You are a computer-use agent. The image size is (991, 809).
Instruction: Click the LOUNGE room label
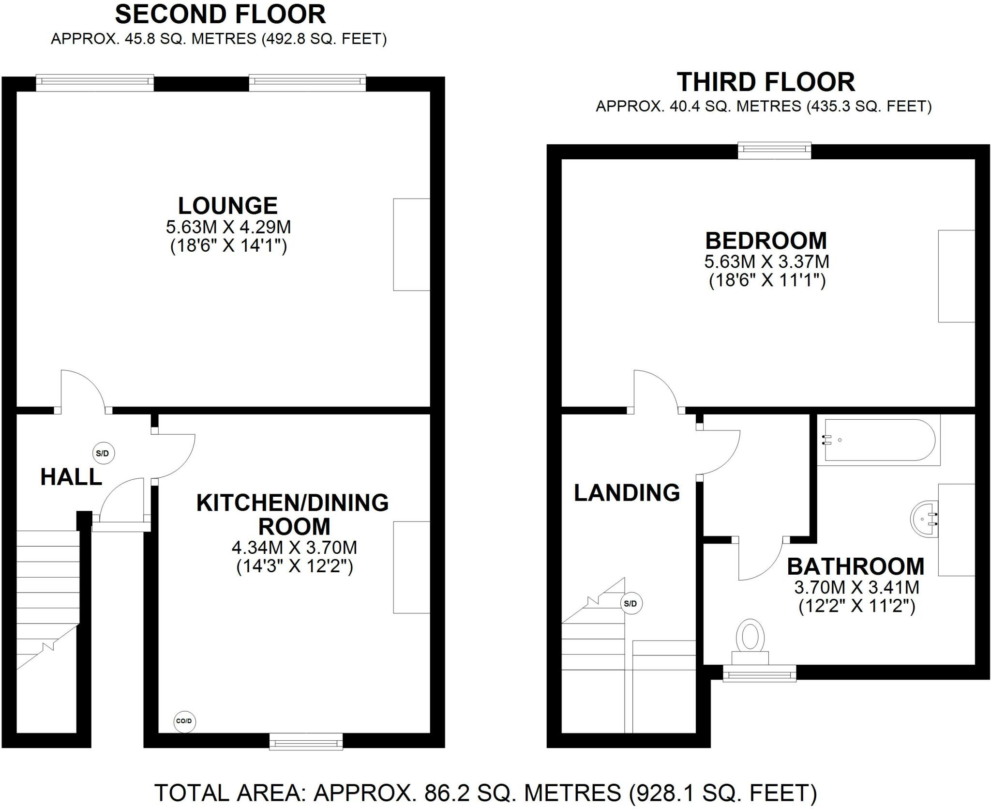(228, 206)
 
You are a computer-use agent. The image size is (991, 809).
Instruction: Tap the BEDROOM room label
(766, 241)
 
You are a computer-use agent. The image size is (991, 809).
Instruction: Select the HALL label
(71, 477)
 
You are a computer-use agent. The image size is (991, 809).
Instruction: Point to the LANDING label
(627, 493)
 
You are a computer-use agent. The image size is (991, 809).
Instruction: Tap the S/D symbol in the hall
(104, 454)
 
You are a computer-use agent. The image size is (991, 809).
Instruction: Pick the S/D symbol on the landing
(632, 604)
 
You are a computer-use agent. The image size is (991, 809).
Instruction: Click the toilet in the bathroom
(750, 642)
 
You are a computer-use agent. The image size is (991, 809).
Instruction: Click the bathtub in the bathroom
(879, 440)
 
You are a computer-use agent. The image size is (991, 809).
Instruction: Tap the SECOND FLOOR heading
(220, 14)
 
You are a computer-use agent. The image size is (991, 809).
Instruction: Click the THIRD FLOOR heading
(766, 82)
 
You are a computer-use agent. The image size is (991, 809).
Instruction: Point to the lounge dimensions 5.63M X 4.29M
(228, 227)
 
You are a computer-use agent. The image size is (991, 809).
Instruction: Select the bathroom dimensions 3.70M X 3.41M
(856, 587)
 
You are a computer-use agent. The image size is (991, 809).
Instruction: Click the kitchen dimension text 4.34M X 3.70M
(295, 548)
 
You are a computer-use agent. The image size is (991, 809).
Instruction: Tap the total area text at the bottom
(486, 793)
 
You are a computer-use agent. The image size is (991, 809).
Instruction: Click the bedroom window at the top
(774, 150)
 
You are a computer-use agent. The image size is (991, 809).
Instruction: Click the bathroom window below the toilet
(759, 673)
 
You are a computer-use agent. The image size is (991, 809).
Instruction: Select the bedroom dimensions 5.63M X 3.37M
(767, 261)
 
